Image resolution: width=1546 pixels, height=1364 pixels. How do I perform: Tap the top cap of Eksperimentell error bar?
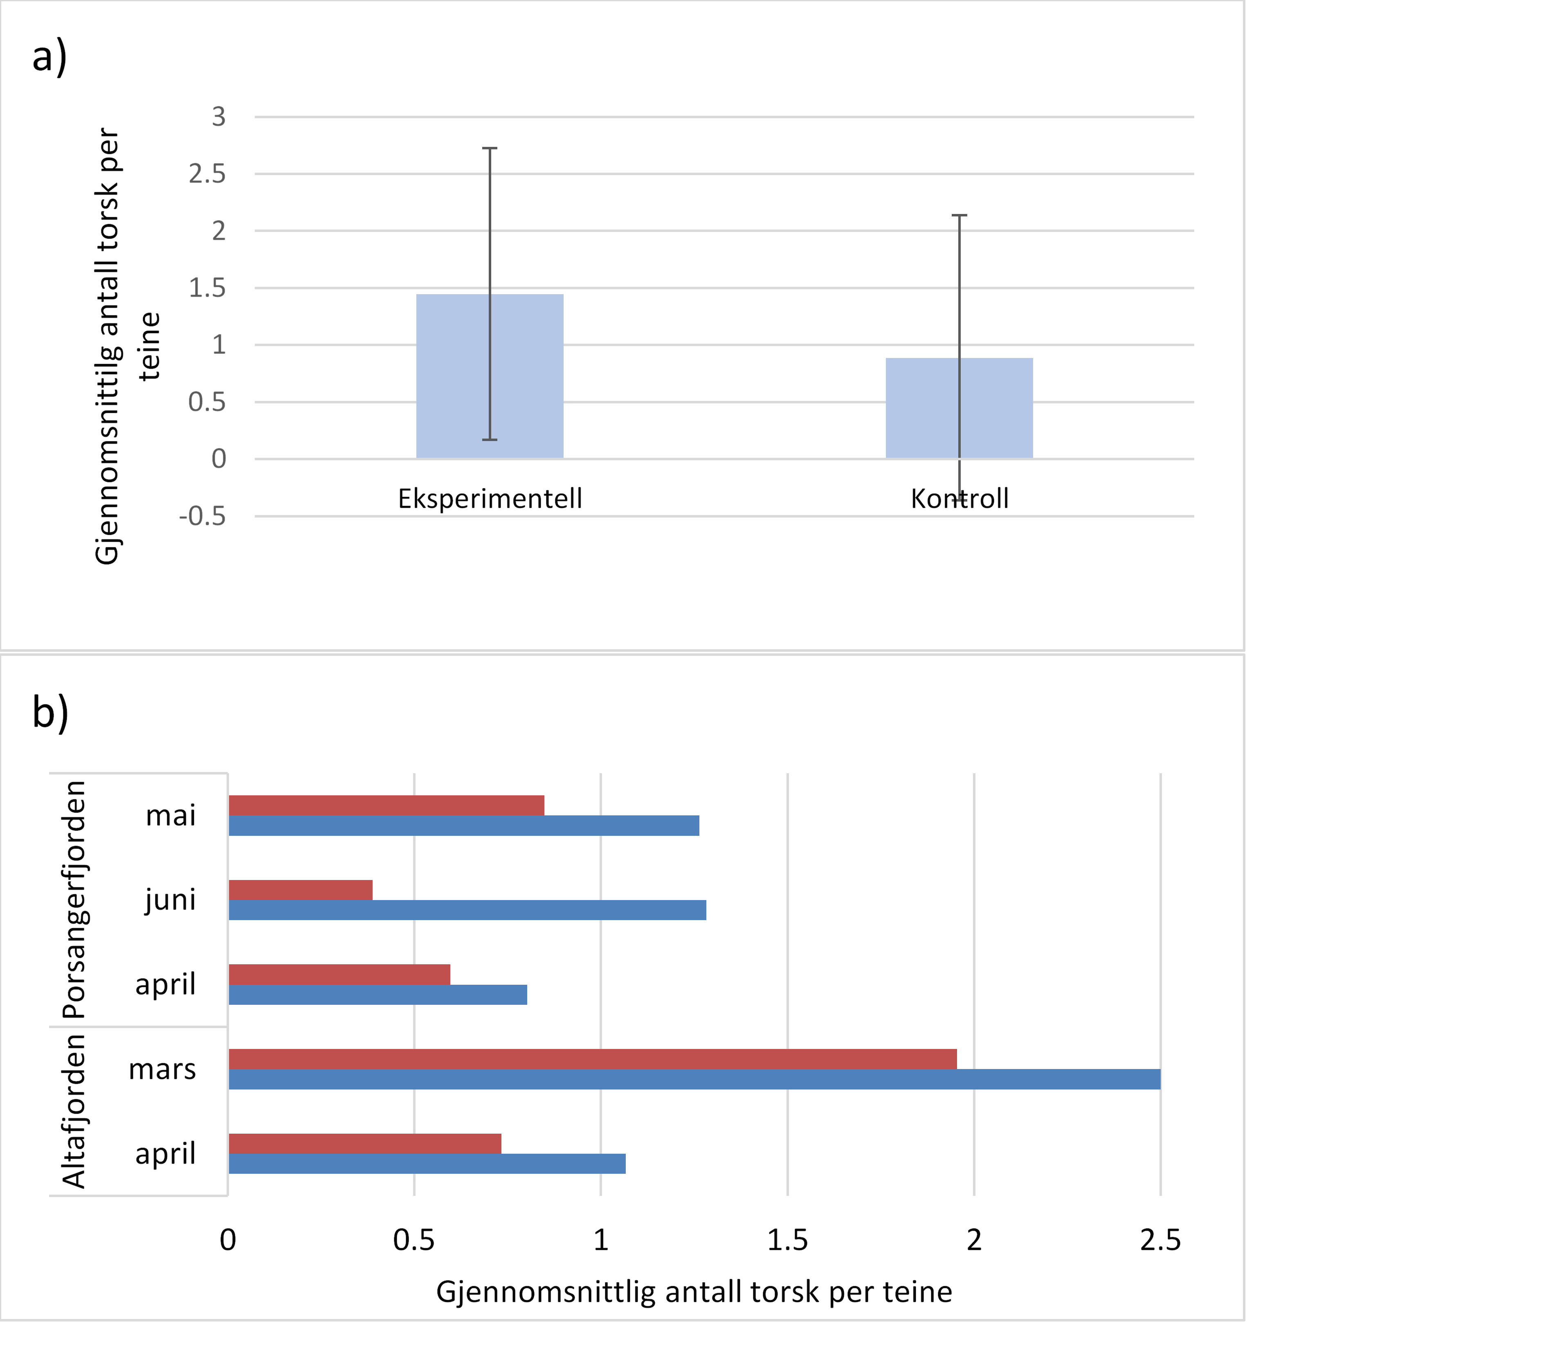pyautogui.click(x=490, y=148)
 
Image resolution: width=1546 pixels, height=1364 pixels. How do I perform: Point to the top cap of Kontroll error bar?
pyautogui.click(x=959, y=216)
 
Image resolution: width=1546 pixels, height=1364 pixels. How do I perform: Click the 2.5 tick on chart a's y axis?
pyautogui.click(x=207, y=174)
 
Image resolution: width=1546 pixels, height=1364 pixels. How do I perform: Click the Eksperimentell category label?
pyautogui.click(x=490, y=499)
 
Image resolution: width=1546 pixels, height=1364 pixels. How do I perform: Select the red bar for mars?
pyautogui.click(x=592, y=1059)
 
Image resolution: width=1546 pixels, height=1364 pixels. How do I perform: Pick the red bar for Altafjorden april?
pyautogui.click(x=364, y=1144)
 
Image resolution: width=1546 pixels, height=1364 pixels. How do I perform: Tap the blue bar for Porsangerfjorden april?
pyautogui.click(x=378, y=995)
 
